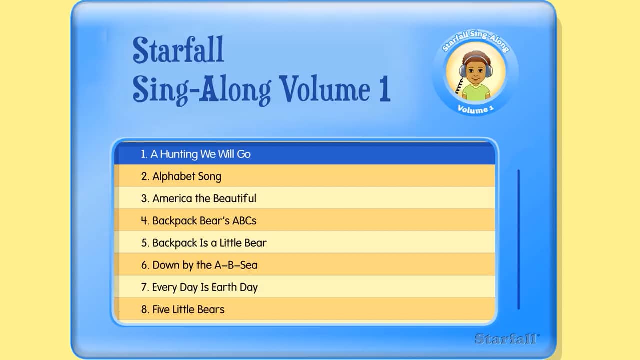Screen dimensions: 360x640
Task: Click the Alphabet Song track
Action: (x=187, y=176)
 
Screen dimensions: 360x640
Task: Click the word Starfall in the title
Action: (x=178, y=50)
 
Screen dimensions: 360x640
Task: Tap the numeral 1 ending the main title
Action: (x=383, y=89)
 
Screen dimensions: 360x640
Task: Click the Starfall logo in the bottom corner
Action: (x=507, y=338)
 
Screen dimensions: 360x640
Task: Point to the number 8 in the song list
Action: (x=145, y=310)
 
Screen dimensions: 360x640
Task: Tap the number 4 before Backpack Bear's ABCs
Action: (x=145, y=221)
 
